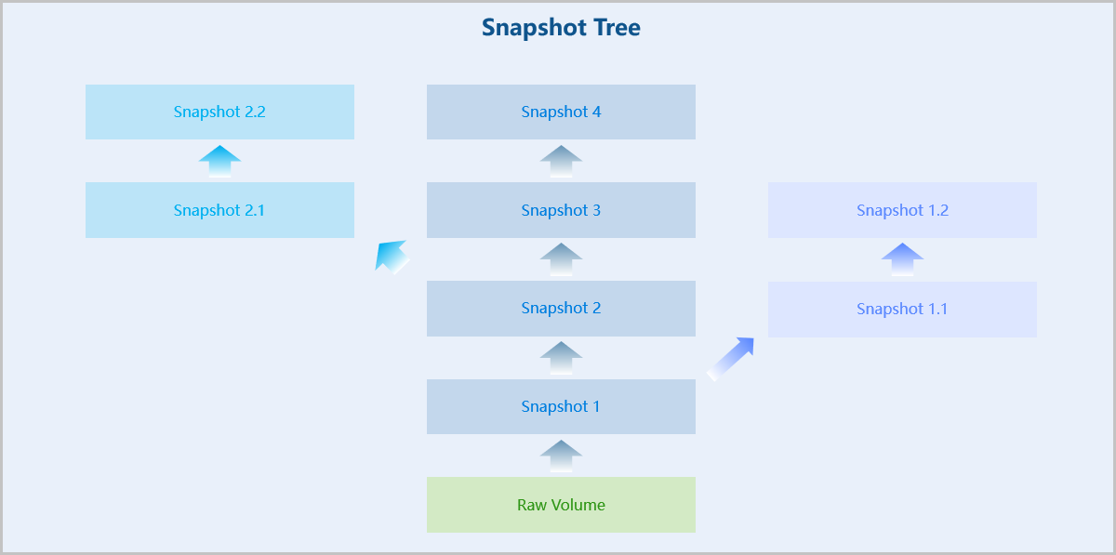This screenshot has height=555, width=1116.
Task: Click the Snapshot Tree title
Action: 561,27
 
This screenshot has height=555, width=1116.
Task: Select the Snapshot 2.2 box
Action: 219,112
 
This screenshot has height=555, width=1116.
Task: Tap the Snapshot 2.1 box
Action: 219,210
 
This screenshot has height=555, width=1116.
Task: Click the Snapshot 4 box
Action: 561,112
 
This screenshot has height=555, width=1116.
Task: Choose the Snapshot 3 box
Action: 561,210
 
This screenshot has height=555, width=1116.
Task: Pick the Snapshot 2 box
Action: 561,309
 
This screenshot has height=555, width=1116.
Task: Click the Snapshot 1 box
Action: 561,406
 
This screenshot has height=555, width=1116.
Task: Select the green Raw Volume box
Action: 561,505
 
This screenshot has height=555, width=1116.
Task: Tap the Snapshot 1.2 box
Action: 902,210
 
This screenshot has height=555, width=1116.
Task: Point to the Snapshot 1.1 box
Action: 902,310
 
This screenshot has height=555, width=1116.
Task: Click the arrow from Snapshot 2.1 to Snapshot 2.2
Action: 219,162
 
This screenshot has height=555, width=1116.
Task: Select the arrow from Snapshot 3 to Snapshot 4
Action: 561,162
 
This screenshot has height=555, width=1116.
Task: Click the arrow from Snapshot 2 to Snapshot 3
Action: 561,259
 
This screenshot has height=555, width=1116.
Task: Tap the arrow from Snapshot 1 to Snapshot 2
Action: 561,358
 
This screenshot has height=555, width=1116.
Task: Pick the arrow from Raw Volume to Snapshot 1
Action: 561,456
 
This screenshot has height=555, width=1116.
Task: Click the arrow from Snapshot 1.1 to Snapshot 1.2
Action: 902,259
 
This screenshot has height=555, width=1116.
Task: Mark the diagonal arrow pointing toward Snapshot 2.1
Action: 392,258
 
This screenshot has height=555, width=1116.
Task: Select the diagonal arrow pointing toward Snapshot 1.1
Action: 730,359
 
